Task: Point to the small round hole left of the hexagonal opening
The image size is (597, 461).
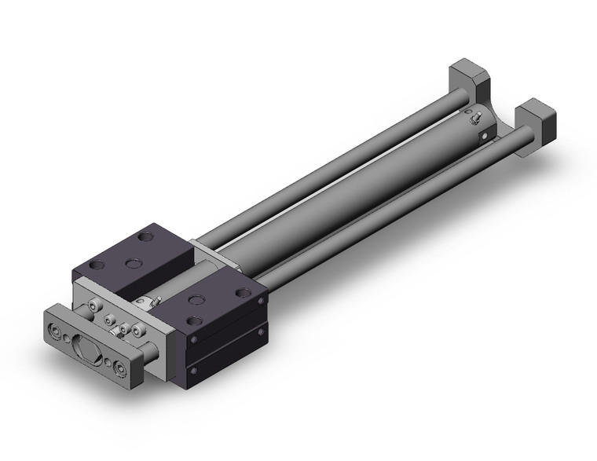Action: point(68,339)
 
